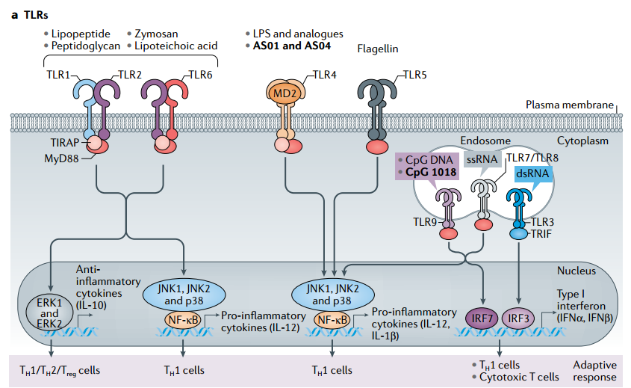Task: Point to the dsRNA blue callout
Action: tap(532, 173)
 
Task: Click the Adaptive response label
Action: tap(595, 371)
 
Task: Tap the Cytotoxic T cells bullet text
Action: tap(512, 377)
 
